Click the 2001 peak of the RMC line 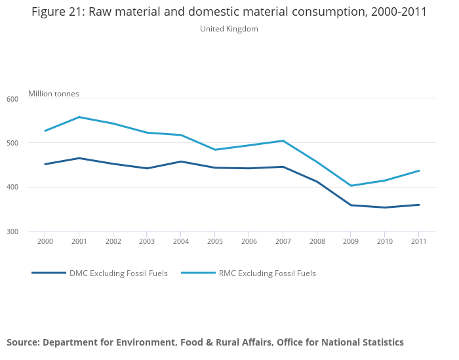[79, 117]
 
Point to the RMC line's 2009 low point [351, 186]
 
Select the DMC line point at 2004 [181, 161]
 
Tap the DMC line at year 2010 [385, 207]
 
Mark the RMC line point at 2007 [283, 140]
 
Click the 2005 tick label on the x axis [215, 241]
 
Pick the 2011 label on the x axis [419, 241]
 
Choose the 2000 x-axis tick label [45, 241]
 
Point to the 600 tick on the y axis [12, 99]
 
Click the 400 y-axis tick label [12, 188]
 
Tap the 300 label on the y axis [12, 231]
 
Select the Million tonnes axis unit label [54, 94]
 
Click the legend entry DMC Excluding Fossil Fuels [119, 273]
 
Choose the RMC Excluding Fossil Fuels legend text [267, 273]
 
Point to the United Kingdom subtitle [229, 29]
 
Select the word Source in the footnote [23, 342]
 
